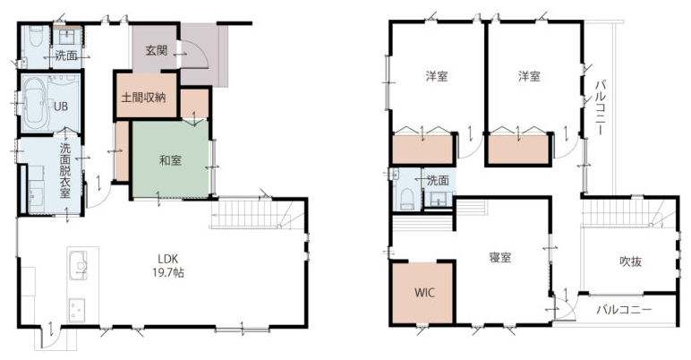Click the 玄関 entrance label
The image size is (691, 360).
pos(157,50)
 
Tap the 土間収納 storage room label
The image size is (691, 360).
pos(144,98)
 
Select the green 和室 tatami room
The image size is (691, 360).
pos(171,159)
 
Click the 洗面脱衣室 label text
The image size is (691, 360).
pos(65,170)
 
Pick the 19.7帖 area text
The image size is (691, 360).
pos(168,272)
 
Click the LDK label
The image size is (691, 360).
pos(168,259)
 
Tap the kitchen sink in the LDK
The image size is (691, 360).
pos(78,266)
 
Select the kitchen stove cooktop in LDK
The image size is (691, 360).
pos(77,311)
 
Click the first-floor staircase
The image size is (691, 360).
pos(258,213)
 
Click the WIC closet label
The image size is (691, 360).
pos(424,292)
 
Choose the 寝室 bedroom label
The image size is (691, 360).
pos(500,257)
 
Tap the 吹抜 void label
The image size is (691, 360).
pos(631,261)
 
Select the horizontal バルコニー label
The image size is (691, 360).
pos(624,309)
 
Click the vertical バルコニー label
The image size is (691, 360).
pos(600,107)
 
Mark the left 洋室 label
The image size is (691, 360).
pos(437,76)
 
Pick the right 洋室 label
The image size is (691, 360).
pos(529,76)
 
